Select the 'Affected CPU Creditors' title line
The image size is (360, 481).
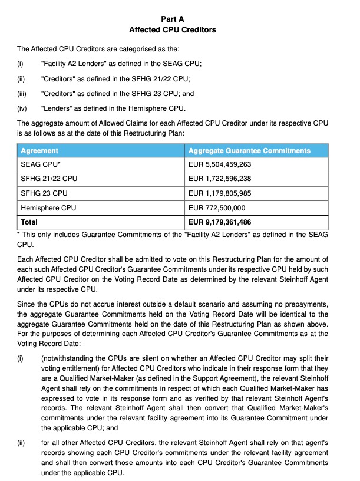tap(173, 29)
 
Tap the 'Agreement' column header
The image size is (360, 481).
tap(39, 151)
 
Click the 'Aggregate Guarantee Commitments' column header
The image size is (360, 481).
tap(249, 151)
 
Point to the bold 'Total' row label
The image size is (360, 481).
tap(29, 222)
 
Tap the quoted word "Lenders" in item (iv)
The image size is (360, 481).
tap(58, 108)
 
